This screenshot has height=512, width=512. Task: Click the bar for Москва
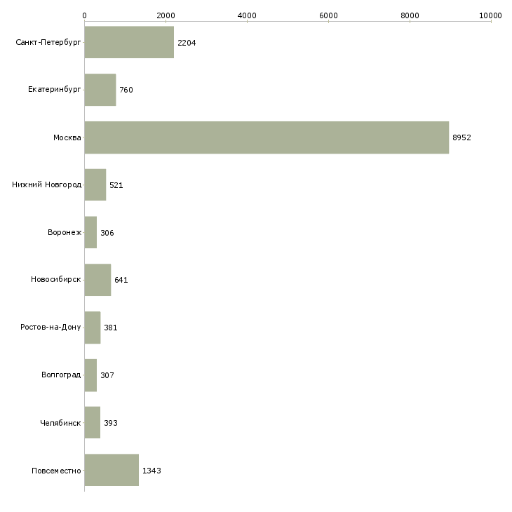267,137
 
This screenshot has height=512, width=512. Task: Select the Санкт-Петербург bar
129,43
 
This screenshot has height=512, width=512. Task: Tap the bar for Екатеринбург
100,90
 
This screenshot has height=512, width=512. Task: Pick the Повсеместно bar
112,470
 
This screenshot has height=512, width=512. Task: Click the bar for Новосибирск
97,280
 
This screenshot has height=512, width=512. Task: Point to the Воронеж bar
90,232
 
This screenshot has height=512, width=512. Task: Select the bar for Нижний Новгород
95,185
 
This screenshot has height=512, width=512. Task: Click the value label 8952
462,137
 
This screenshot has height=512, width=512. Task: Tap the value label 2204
187,43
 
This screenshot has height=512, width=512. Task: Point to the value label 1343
151,470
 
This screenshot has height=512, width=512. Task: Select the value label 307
107,375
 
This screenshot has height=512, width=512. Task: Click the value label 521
116,185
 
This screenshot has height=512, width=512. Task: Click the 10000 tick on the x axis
491,15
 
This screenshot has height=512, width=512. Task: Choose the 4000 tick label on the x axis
247,15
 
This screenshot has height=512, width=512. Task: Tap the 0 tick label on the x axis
84,15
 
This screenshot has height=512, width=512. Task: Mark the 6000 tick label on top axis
328,15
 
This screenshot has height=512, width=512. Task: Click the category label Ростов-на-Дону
51,328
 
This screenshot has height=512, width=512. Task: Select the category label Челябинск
61,423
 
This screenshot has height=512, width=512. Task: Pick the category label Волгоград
61,375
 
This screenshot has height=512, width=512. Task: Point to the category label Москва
67,137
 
